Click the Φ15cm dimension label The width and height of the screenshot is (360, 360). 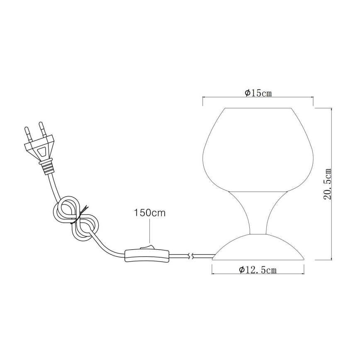[x=258, y=93]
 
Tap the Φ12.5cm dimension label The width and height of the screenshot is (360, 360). [x=258, y=270]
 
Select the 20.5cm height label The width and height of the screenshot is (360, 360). [x=328, y=184]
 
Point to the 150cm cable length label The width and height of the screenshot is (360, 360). [x=149, y=214]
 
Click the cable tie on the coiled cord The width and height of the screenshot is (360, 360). [x=78, y=216]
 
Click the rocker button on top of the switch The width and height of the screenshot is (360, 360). [x=145, y=248]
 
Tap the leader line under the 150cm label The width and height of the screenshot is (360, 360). [x=149, y=232]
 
